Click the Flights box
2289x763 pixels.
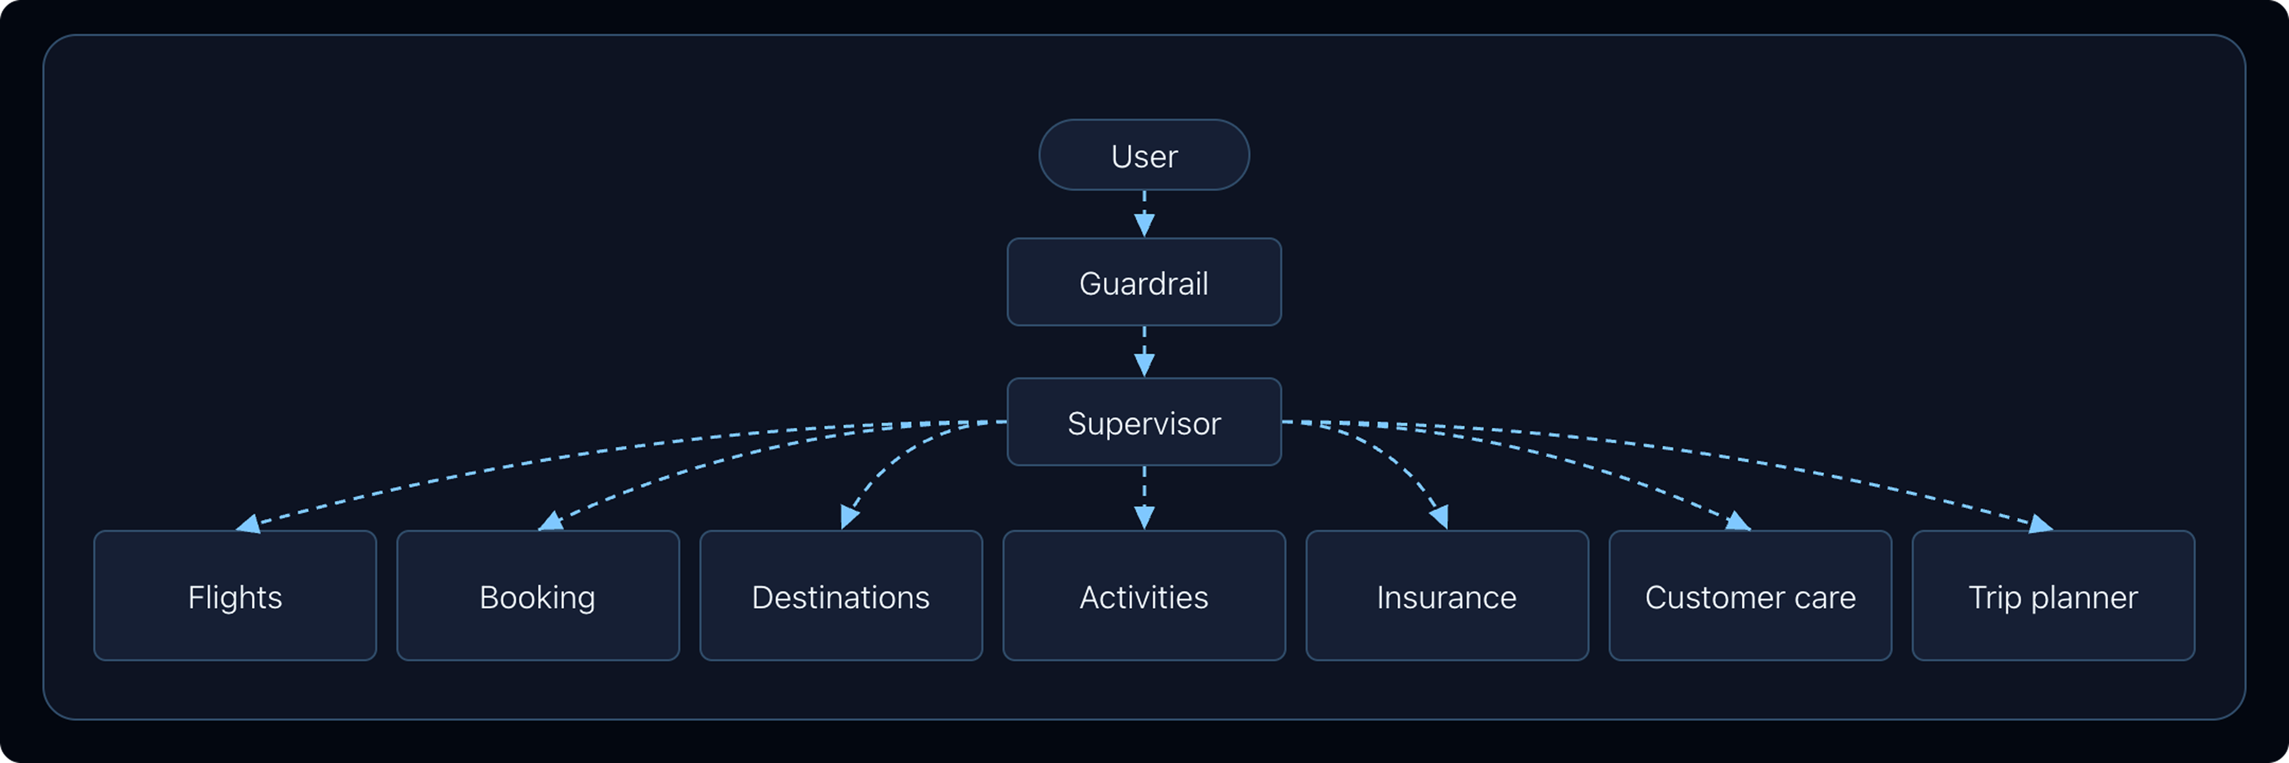tap(235, 596)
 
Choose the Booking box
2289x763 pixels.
tap(538, 596)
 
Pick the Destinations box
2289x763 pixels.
tap(840, 596)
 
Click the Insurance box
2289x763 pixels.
tap(1447, 596)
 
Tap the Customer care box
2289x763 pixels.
tap(1750, 596)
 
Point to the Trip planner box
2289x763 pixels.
tap(2053, 596)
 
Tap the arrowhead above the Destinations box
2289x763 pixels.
tap(849, 517)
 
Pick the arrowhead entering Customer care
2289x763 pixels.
tap(1738, 521)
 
